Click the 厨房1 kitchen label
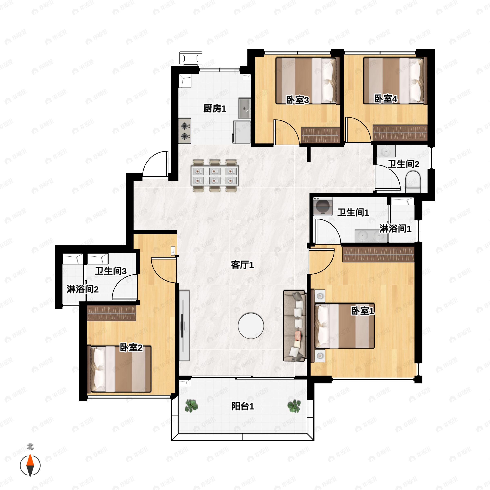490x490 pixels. click(215, 109)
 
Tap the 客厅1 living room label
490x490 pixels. click(242, 265)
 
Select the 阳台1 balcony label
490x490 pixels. click(243, 406)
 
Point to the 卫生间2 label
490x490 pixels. click(403, 164)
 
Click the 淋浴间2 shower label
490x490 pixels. click(82, 289)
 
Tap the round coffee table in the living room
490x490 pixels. click(251, 326)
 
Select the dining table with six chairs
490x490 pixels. click(215, 176)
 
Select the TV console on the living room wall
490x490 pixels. click(184, 326)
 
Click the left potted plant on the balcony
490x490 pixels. click(191, 406)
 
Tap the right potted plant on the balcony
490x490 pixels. click(294, 406)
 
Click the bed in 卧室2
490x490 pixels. click(119, 369)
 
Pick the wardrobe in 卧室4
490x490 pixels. click(400, 133)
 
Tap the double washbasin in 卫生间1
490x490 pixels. click(371, 236)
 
